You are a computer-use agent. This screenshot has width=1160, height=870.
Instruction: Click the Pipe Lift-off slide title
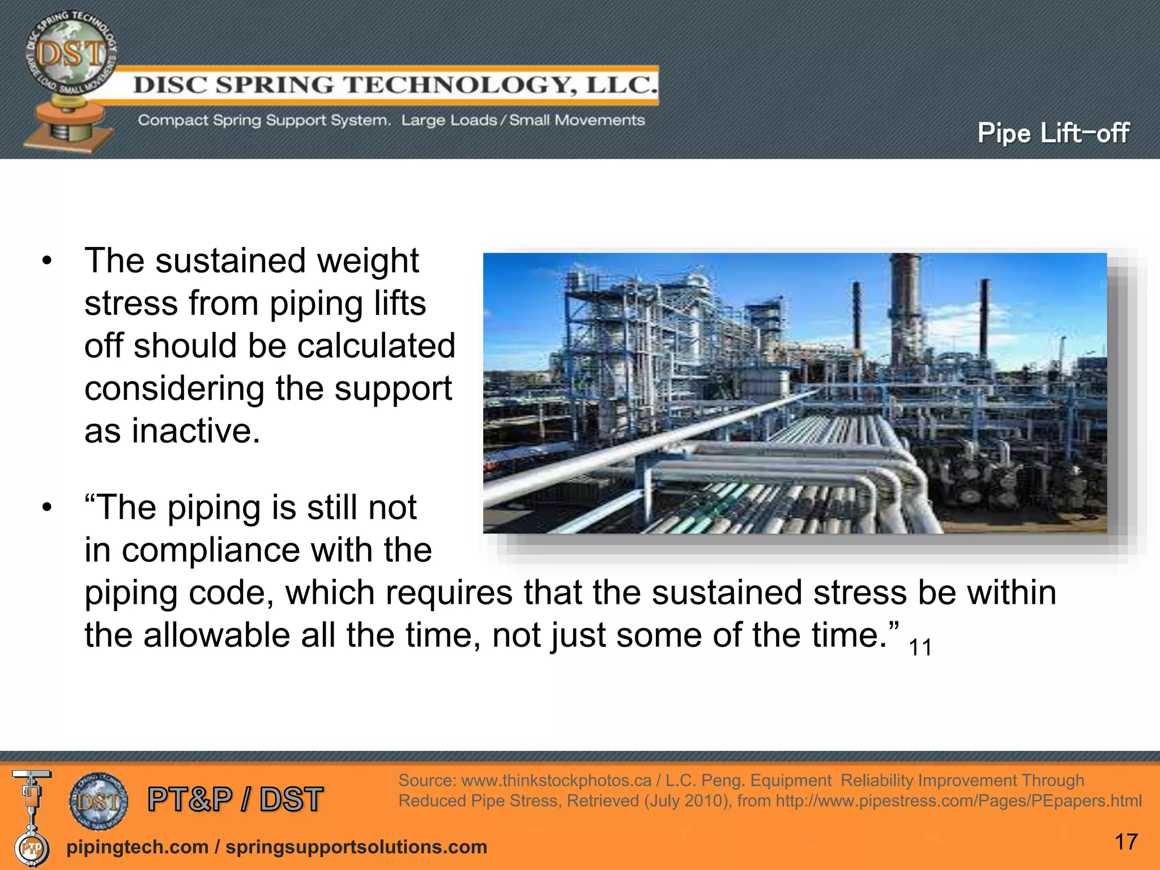1053,133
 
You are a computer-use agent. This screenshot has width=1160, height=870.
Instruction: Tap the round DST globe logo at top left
71,54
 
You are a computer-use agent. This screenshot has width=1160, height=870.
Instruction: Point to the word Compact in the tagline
173,120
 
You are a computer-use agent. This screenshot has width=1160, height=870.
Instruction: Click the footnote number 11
920,647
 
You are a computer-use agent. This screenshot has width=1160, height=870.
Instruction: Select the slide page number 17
1125,842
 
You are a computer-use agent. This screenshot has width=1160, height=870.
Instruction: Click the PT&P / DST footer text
235,799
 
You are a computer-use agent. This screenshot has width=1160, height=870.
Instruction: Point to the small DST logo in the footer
99,801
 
